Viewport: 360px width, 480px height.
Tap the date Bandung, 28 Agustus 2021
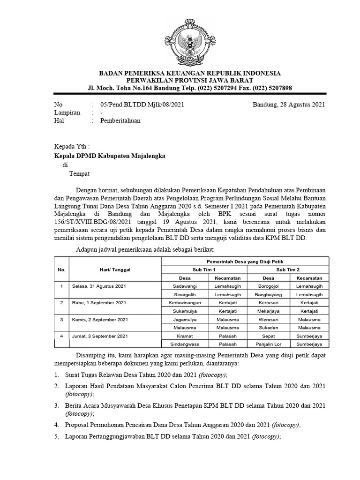[x=289, y=105]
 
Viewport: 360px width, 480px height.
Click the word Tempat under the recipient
[x=79, y=173]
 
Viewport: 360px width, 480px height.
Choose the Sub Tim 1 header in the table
[x=204, y=270]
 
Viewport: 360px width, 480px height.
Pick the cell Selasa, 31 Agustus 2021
[x=99, y=286]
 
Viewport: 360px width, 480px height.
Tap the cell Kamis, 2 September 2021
[x=100, y=319]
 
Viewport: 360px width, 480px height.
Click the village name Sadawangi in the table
[x=184, y=286]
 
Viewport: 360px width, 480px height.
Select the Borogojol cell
[x=269, y=286]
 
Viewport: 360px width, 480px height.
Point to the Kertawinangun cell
[x=184, y=303]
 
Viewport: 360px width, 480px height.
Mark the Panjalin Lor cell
[x=269, y=344]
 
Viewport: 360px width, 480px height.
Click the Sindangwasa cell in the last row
[x=184, y=344]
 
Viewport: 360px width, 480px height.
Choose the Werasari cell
[x=269, y=319]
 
